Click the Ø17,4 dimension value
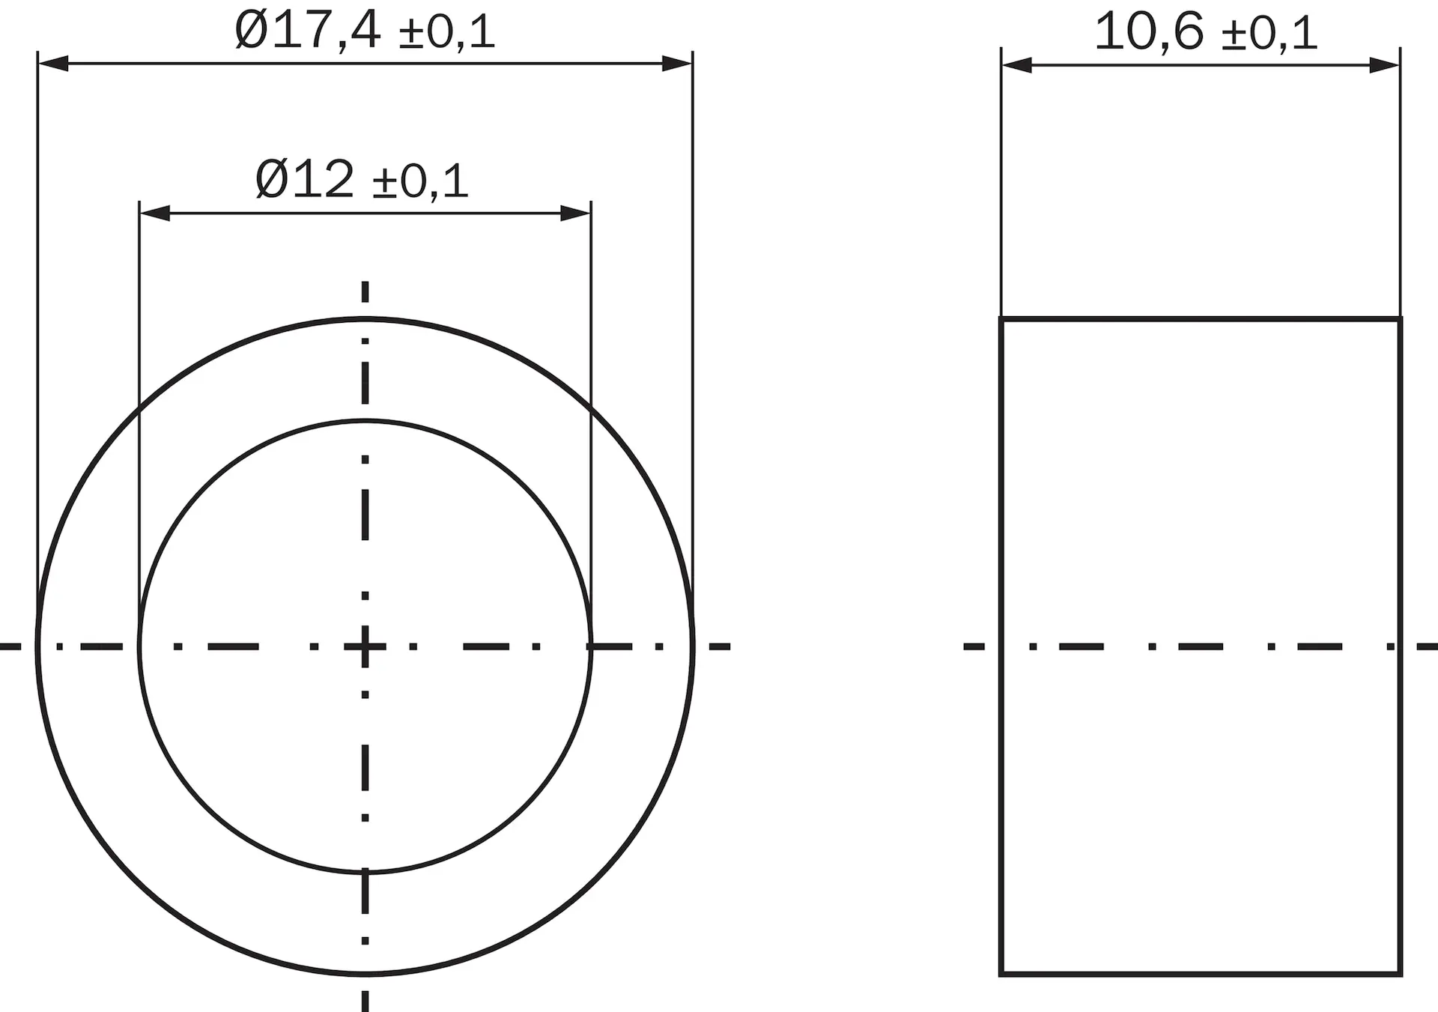308,31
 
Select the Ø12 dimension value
305,180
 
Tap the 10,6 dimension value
1149,31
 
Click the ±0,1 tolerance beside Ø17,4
447,34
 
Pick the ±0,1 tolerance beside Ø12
421,182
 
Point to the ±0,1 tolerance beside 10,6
1269,34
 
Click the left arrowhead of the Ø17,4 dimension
53,64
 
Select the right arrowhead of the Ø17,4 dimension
677,64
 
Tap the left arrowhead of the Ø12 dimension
155,213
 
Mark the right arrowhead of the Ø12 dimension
575,213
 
